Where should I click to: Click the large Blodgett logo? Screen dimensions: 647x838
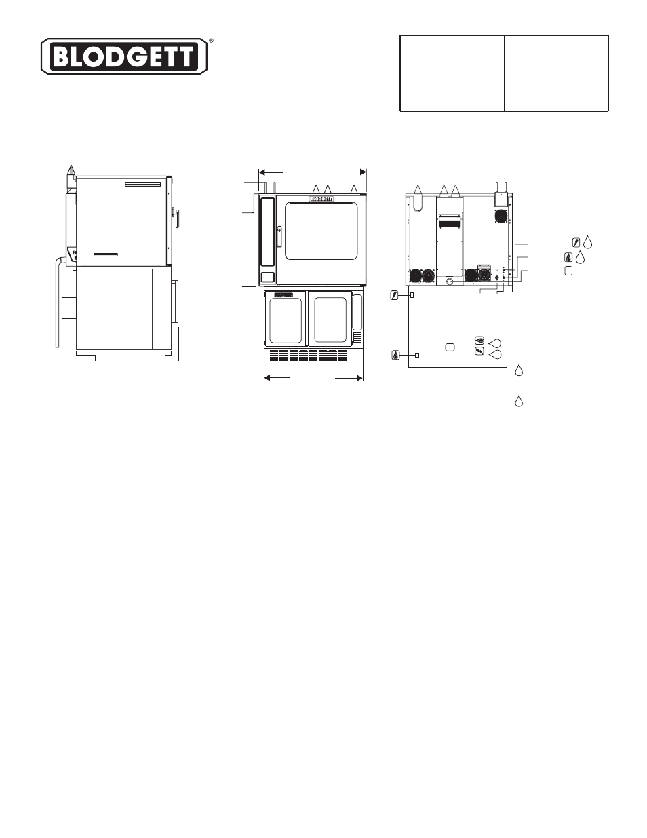coord(124,56)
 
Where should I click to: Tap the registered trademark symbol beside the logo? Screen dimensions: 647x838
coord(211,40)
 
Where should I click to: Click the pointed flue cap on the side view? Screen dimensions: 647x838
coord(71,170)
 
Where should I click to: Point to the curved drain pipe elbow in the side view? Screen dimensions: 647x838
coord(60,261)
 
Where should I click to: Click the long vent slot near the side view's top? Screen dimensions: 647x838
coord(142,184)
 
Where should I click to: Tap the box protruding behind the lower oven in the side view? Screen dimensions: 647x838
coord(69,308)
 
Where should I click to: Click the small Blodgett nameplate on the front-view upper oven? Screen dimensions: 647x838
coord(321,199)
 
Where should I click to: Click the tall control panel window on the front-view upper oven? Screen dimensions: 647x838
coord(267,232)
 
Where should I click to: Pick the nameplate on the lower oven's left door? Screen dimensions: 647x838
coord(283,295)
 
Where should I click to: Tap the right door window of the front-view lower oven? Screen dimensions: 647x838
coord(330,320)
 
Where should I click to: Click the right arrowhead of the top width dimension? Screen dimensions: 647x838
coord(363,172)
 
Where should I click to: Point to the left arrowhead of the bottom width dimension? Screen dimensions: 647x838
coord(268,378)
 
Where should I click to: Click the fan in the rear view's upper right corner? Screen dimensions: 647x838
coord(501,216)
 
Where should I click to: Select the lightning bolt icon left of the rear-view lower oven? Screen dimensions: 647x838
coord(394,295)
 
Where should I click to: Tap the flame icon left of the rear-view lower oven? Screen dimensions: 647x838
coord(396,355)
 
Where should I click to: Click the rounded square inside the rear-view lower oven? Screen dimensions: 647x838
coord(450,347)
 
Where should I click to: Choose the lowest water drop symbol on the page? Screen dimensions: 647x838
coord(519,402)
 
